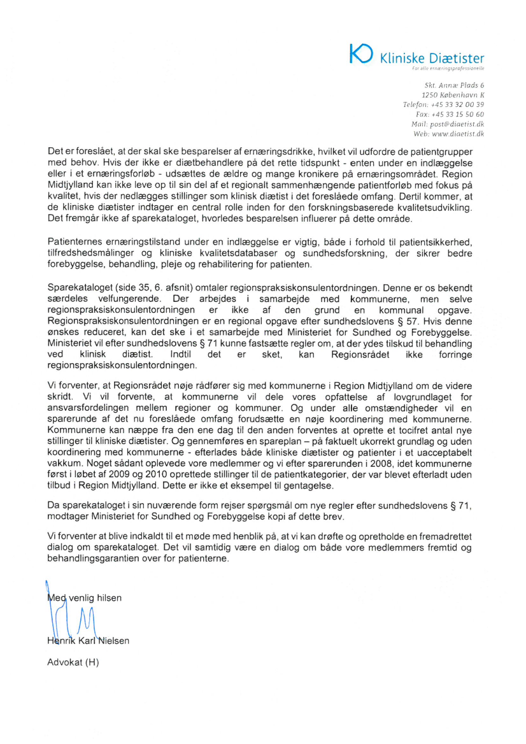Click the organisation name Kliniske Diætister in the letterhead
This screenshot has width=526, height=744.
tap(432, 59)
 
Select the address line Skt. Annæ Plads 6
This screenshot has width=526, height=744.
tap(454, 85)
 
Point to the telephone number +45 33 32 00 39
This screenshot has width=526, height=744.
tap(461, 104)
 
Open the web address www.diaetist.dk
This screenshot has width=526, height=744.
tap(458, 134)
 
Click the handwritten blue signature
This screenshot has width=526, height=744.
tap(70, 618)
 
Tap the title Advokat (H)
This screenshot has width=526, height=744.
tap(73, 662)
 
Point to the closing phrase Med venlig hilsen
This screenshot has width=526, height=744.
tap(84, 597)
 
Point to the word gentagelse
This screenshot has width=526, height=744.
tap(309, 487)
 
